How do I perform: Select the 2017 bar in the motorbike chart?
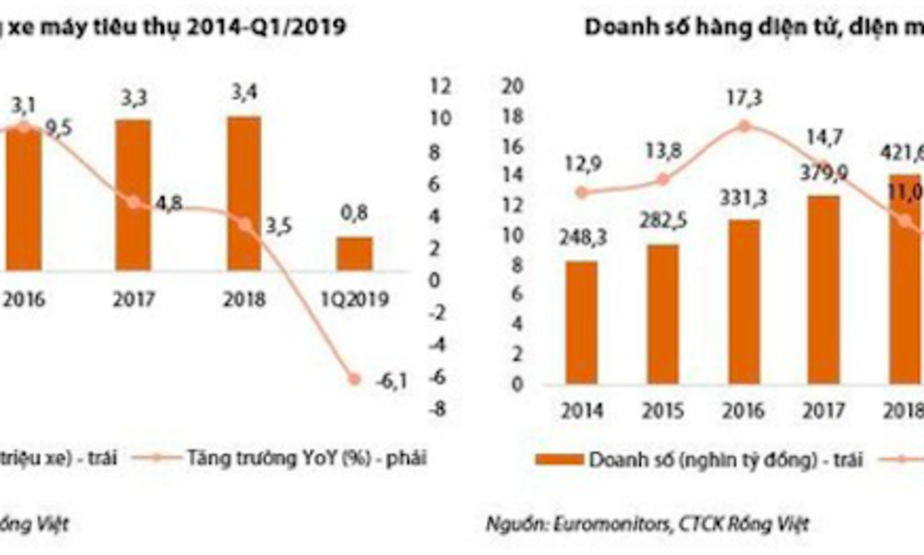[133, 195]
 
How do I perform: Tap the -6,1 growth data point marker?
[355, 380]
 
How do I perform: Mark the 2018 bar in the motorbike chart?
[244, 190]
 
